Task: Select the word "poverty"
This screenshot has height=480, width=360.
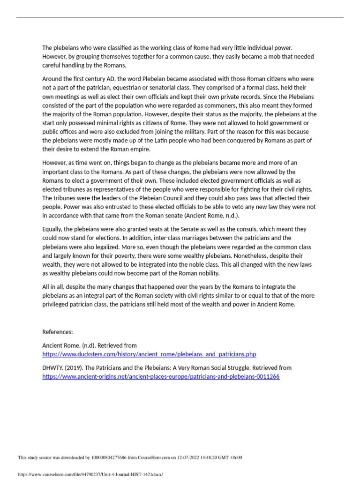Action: [x=122, y=256]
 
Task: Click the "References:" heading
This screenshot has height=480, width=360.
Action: [x=58, y=332]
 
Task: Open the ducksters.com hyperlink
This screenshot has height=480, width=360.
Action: [x=149, y=354]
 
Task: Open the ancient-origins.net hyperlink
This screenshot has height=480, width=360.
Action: [x=161, y=376]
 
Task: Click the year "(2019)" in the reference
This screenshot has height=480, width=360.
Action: [x=74, y=367]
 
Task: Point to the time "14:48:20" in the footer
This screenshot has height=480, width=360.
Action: [x=205, y=457]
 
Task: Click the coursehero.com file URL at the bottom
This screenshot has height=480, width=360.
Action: [x=90, y=474]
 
